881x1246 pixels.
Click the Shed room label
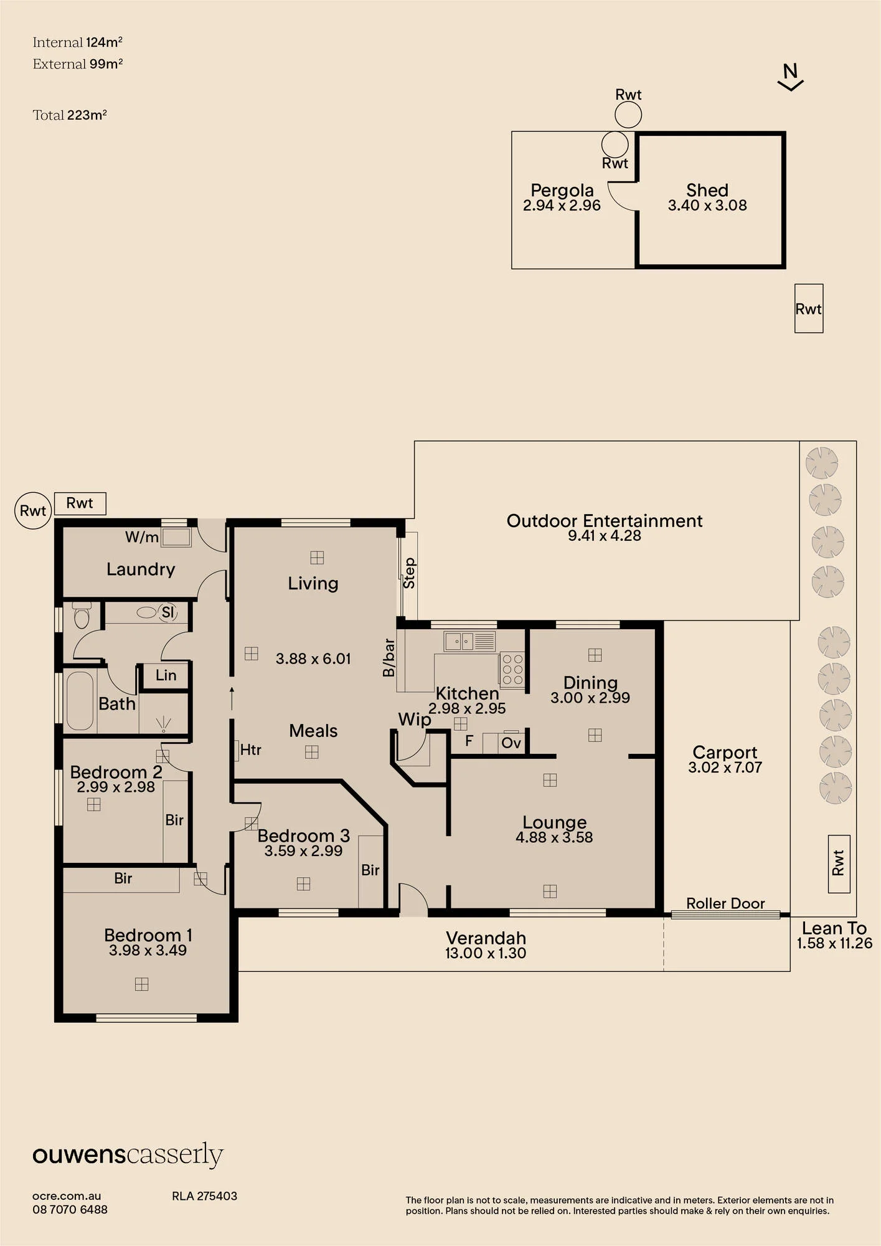pos(707,190)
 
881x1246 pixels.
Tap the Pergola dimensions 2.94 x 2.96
pos(562,206)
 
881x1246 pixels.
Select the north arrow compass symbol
pos(791,77)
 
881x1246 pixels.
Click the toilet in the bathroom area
pos(82,614)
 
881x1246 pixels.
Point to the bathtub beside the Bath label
pos(80,700)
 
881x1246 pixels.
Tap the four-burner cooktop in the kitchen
pos(512,670)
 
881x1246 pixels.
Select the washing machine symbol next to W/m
pos(176,538)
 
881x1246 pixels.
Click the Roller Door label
pos(725,903)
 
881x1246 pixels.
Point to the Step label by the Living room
pos(409,573)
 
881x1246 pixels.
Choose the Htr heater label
pos(251,749)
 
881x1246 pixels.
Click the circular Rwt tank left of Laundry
pos(33,511)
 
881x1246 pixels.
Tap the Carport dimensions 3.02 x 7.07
pos(725,768)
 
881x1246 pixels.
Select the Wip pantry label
pos(415,720)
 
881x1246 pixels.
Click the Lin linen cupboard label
pos(166,675)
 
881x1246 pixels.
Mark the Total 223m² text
pos(70,115)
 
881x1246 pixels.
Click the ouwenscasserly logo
pos(128,1156)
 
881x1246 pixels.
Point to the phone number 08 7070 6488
pos(70,1209)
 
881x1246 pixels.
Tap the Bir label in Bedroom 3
pos(370,870)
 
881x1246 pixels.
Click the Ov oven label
pos(511,743)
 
